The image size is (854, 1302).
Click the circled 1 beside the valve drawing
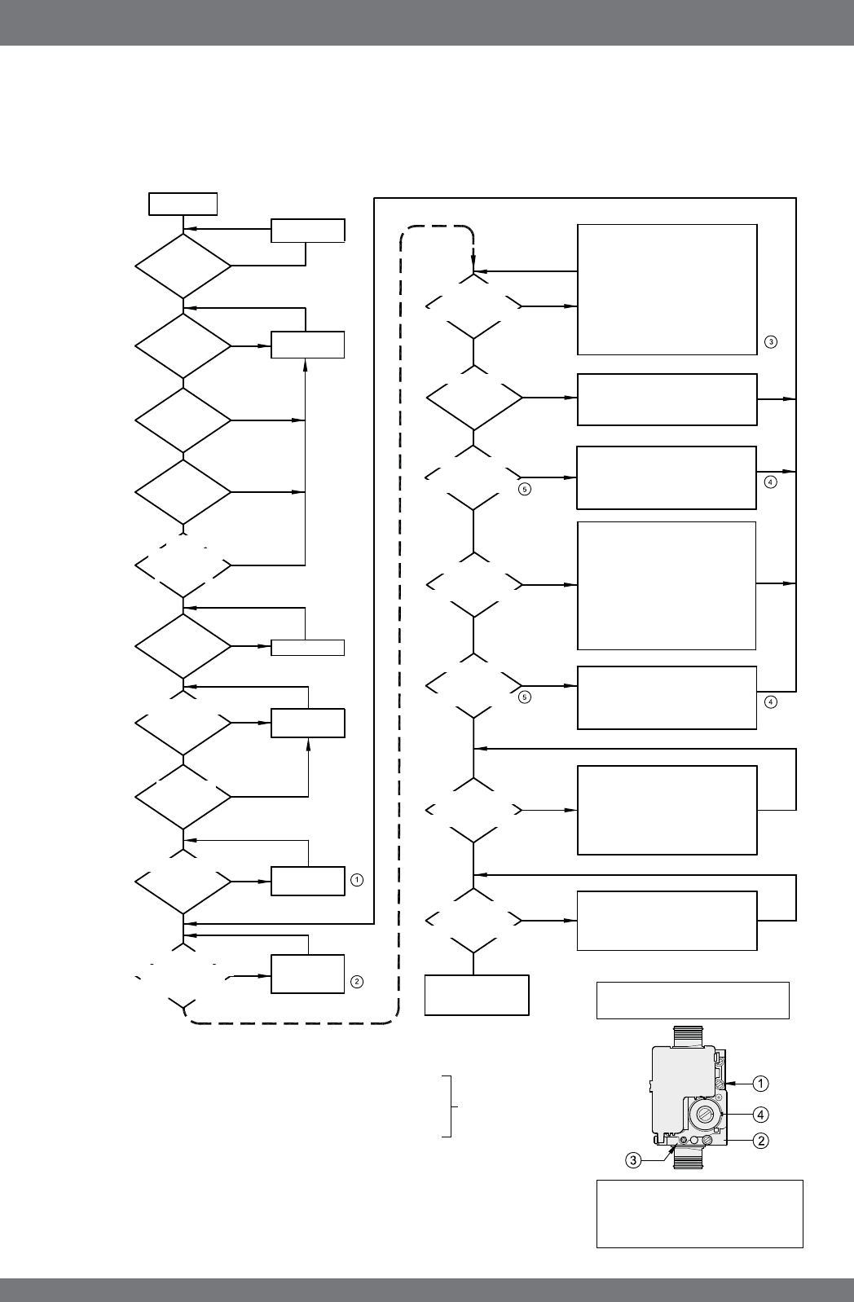coord(759,1084)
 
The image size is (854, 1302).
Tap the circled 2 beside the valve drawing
coord(759,1141)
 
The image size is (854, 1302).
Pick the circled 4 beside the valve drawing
coord(759,1113)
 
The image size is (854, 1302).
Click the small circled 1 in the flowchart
coord(356,880)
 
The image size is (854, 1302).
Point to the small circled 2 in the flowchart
coord(356,982)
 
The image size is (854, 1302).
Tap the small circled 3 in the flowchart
coord(770,341)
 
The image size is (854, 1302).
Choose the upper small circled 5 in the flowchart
coord(525,490)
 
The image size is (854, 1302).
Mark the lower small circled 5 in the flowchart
coord(525,697)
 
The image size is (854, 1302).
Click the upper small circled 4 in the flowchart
coord(770,482)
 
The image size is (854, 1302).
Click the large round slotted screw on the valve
coord(703,1114)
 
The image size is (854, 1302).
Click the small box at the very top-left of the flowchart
coord(183,203)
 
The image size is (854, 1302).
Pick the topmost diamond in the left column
coord(183,266)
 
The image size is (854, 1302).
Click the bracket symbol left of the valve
coord(449,1106)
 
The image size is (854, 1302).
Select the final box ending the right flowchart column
coord(477,995)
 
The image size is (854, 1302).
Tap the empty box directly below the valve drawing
coord(699,1213)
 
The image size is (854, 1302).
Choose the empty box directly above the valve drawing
coord(693,1001)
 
